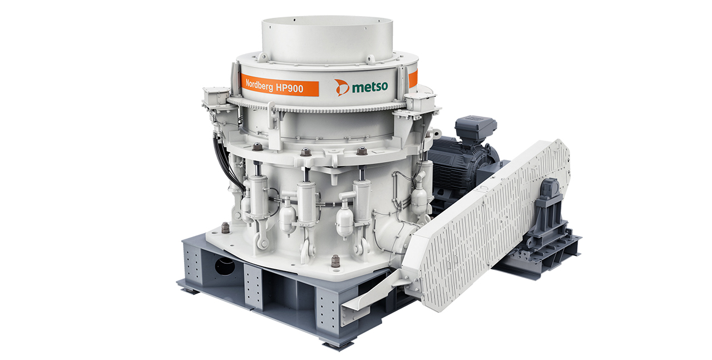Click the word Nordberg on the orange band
tap(259, 85)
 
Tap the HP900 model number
tap(289, 88)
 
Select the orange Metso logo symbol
tap(342, 87)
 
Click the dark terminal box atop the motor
tap(476, 128)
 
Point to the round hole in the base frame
tap(225, 266)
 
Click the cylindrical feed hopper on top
tap(328, 40)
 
